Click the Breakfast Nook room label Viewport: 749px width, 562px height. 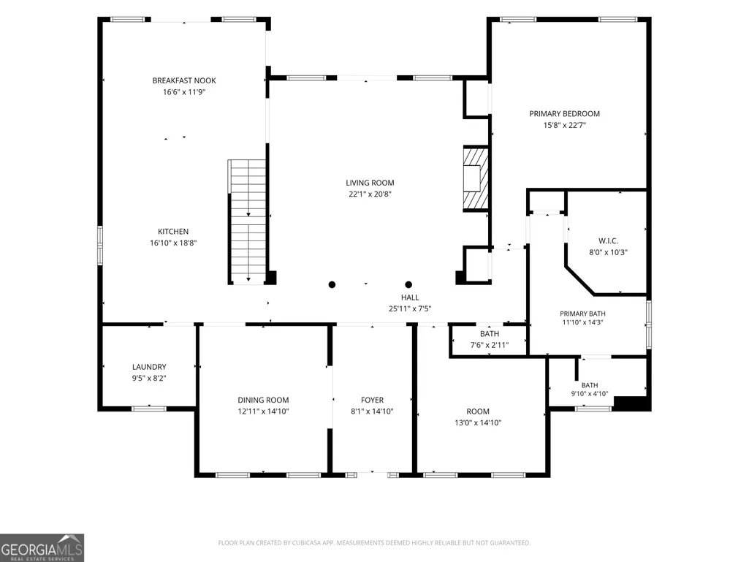click(184, 81)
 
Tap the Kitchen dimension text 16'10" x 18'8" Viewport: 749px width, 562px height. click(173, 243)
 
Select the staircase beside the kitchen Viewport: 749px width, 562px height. click(247, 221)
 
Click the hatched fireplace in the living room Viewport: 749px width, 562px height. click(475, 178)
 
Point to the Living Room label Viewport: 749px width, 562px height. click(370, 183)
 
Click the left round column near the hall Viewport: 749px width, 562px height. click(332, 285)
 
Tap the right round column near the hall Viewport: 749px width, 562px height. click(408, 285)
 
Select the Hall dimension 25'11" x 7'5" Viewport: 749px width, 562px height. click(410, 308)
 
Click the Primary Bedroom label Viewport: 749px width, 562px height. click(565, 114)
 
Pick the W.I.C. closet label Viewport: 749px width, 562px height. click(608, 241)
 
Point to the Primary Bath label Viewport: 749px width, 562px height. click(583, 314)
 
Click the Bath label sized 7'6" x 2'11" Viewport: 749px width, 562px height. click(490, 334)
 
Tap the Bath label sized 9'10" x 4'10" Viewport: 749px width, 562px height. click(590, 385)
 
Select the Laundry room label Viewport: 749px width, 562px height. click(149, 367)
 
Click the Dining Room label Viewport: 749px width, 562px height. click(263, 400)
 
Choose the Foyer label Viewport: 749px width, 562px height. click(372, 400)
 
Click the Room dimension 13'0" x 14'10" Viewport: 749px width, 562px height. click(478, 422)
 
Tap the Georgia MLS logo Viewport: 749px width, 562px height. click(42, 547)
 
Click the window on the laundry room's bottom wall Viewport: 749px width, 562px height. click(149, 409)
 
